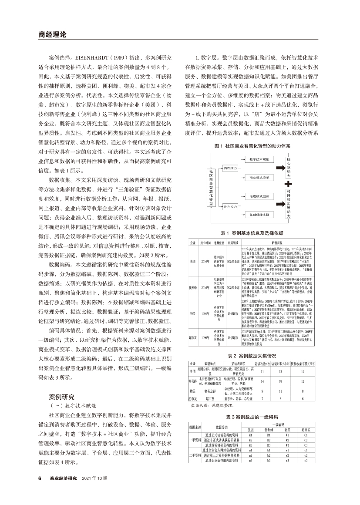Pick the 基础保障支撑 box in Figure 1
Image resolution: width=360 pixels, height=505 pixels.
[x=259, y=215]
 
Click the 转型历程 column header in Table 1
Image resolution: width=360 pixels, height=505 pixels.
[x=277, y=242]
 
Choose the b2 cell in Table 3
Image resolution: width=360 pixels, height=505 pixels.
[x=269, y=455]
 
